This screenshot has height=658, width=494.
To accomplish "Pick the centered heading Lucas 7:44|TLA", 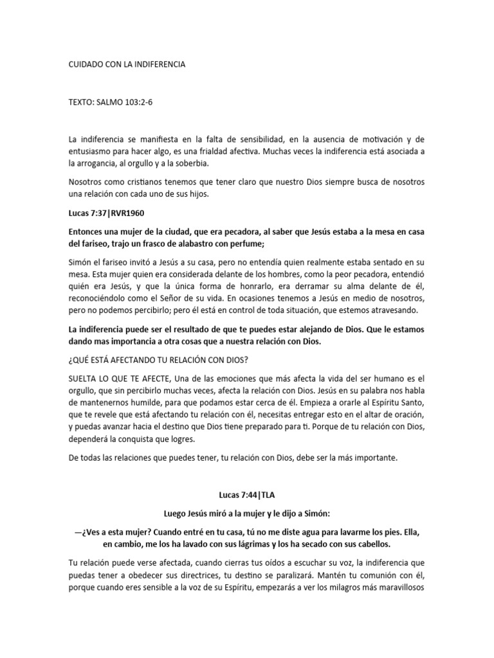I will [x=246, y=495].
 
